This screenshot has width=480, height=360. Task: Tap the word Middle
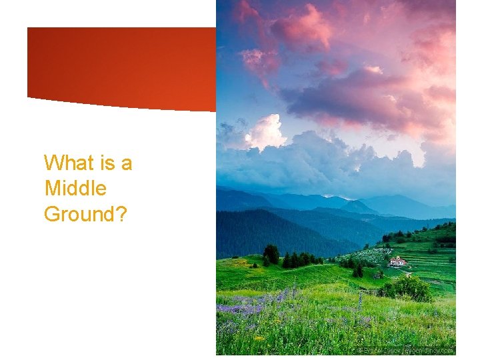75,189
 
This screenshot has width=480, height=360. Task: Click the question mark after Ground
121,214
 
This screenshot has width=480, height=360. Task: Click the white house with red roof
397,261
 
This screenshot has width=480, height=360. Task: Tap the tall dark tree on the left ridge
271,254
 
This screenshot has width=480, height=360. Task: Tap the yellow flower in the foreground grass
259,338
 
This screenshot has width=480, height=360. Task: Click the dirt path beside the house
405,273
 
